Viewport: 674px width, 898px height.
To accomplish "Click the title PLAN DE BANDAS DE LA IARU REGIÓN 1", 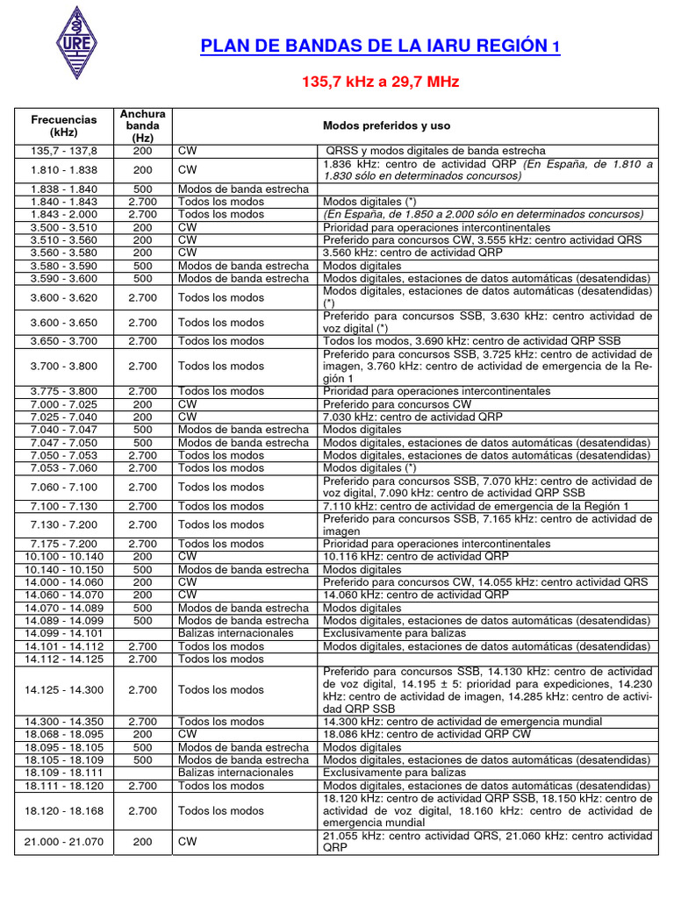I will click(x=379, y=46).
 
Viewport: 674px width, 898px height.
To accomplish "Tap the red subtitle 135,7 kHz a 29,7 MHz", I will click(x=381, y=82).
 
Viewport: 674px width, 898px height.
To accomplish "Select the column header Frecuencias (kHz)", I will click(x=63, y=125).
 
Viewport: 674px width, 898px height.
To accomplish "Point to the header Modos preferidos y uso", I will click(x=386, y=125).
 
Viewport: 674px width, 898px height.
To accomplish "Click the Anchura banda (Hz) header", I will click(x=142, y=125).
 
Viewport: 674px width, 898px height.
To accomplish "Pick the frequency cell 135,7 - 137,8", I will click(x=63, y=151).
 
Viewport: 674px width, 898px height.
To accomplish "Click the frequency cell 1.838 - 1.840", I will click(x=63, y=189).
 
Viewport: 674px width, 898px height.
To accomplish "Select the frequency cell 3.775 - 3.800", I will click(x=63, y=391).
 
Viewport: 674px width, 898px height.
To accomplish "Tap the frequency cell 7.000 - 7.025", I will click(x=63, y=404).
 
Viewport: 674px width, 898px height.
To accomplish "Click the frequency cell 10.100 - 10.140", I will click(x=63, y=556).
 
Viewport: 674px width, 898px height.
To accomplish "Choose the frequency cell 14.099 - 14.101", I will click(x=63, y=633).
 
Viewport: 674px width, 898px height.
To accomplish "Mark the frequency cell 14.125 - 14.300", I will click(x=63, y=690).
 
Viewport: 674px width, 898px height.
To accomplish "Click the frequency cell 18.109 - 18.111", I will click(x=63, y=773).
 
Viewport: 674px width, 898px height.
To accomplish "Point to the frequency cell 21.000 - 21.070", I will click(x=63, y=842).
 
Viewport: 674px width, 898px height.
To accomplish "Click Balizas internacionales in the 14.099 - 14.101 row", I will click(x=235, y=633).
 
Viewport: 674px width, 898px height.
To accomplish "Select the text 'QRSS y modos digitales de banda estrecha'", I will click(x=435, y=151).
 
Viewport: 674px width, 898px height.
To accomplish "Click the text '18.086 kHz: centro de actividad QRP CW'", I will click(x=427, y=734).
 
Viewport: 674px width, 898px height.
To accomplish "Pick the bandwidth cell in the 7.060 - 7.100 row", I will click(x=142, y=487).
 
